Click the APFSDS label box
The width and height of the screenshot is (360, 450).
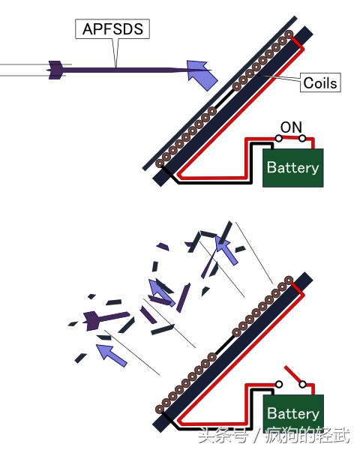[112, 28]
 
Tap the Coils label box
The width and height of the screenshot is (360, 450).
[320, 82]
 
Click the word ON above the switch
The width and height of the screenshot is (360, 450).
[291, 127]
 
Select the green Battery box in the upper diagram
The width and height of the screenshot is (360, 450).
[293, 168]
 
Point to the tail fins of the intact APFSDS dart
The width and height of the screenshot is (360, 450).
[55, 70]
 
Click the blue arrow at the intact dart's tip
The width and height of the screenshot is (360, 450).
[202, 74]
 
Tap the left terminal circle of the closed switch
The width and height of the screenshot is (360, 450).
[278, 138]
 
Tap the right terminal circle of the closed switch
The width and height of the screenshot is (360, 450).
[302, 139]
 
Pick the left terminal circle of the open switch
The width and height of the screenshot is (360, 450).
[278, 384]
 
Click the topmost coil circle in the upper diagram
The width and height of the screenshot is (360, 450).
[289, 34]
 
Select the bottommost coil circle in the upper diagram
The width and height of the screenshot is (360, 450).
[160, 163]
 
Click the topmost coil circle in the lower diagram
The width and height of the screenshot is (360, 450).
[289, 280]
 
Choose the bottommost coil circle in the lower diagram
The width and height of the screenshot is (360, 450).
[160, 409]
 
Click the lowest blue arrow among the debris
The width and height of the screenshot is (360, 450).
[110, 355]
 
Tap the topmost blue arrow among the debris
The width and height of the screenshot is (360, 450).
[226, 249]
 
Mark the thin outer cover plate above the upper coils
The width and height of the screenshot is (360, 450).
[220, 93]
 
